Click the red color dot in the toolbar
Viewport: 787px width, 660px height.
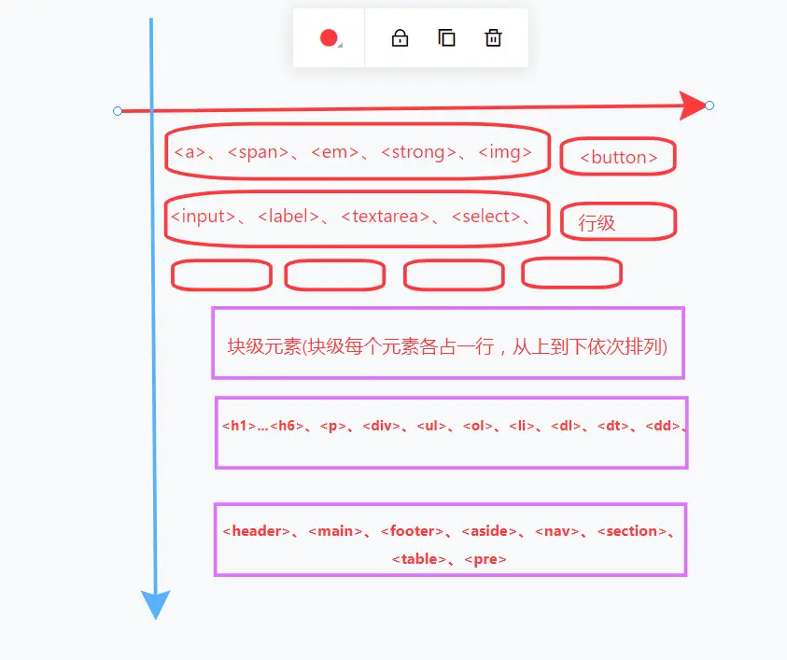pyautogui.click(x=328, y=38)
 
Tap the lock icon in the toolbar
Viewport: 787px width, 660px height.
pyautogui.click(x=400, y=38)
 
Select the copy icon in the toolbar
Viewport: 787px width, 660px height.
pyautogui.click(x=446, y=38)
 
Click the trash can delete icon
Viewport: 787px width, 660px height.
pyautogui.click(x=493, y=38)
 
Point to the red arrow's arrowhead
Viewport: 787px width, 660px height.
pyautogui.click(x=695, y=105)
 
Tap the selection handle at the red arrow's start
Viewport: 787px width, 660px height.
pyautogui.click(x=118, y=111)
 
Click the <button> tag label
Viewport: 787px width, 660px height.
pyautogui.click(x=618, y=158)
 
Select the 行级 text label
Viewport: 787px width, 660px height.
pyautogui.click(x=597, y=223)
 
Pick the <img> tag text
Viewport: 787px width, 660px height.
pyautogui.click(x=505, y=152)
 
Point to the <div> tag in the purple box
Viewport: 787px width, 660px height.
pyautogui.click(x=381, y=427)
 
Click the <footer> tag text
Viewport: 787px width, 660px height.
pyautogui.click(x=412, y=531)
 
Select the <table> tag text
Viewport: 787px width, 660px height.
pyautogui.click(x=418, y=559)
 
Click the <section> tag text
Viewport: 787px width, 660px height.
pyautogui.click(x=632, y=531)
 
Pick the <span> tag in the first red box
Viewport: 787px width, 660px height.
pyautogui.click(x=258, y=152)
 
